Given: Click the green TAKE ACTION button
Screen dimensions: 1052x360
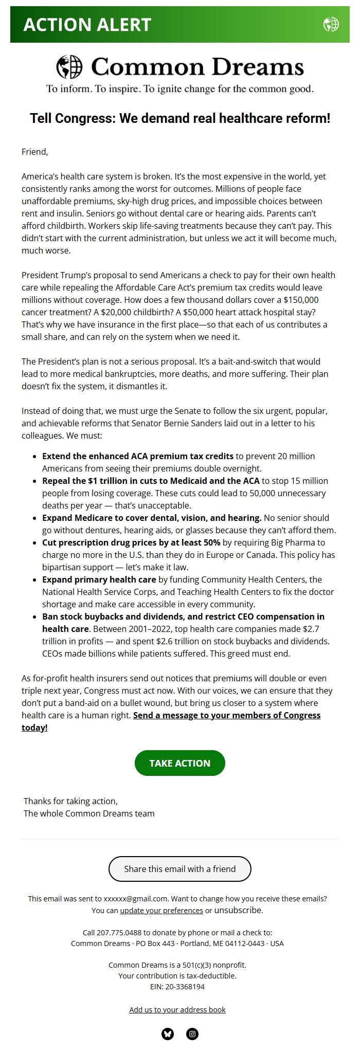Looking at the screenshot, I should tap(179, 763).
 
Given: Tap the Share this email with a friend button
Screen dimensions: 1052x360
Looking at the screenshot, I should tap(179, 869).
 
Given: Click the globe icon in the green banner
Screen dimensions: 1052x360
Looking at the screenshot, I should tap(331, 24).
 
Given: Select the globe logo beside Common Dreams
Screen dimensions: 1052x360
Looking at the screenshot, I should tap(69, 67).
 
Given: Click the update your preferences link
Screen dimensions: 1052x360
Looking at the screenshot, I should tap(161, 911).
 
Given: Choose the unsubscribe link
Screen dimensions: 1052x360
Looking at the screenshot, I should tap(238, 910).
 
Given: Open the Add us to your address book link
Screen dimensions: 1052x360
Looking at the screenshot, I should tap(177, 1009).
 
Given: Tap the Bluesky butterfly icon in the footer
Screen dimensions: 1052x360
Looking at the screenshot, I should tap(168, 1034).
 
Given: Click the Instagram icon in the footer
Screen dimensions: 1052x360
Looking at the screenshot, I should tap(192, 1034).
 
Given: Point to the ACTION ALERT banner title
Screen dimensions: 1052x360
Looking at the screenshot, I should tap(87, 25).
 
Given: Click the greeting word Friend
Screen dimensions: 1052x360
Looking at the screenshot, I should tap(34, 152).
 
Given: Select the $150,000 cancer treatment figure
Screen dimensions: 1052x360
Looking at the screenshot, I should tap(301, 300).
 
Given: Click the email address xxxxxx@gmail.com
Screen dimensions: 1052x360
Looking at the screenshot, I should tap(136, 899).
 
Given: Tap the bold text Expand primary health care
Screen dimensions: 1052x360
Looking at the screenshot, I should tap(99, 579).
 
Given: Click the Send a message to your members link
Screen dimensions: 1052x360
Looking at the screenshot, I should tap(226, 715).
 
